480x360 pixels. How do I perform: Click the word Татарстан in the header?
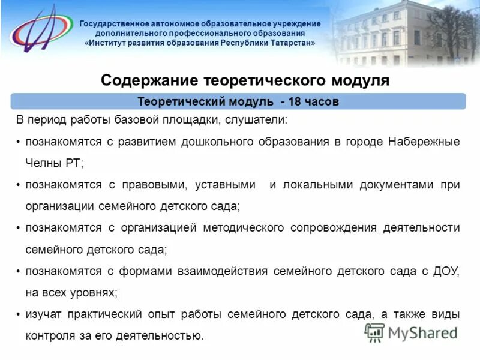pos(287,44)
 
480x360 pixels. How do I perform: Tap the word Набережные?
pos(424,142)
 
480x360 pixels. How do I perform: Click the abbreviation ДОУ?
pos(446,271)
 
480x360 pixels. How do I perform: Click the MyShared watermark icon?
pos(375,332)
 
